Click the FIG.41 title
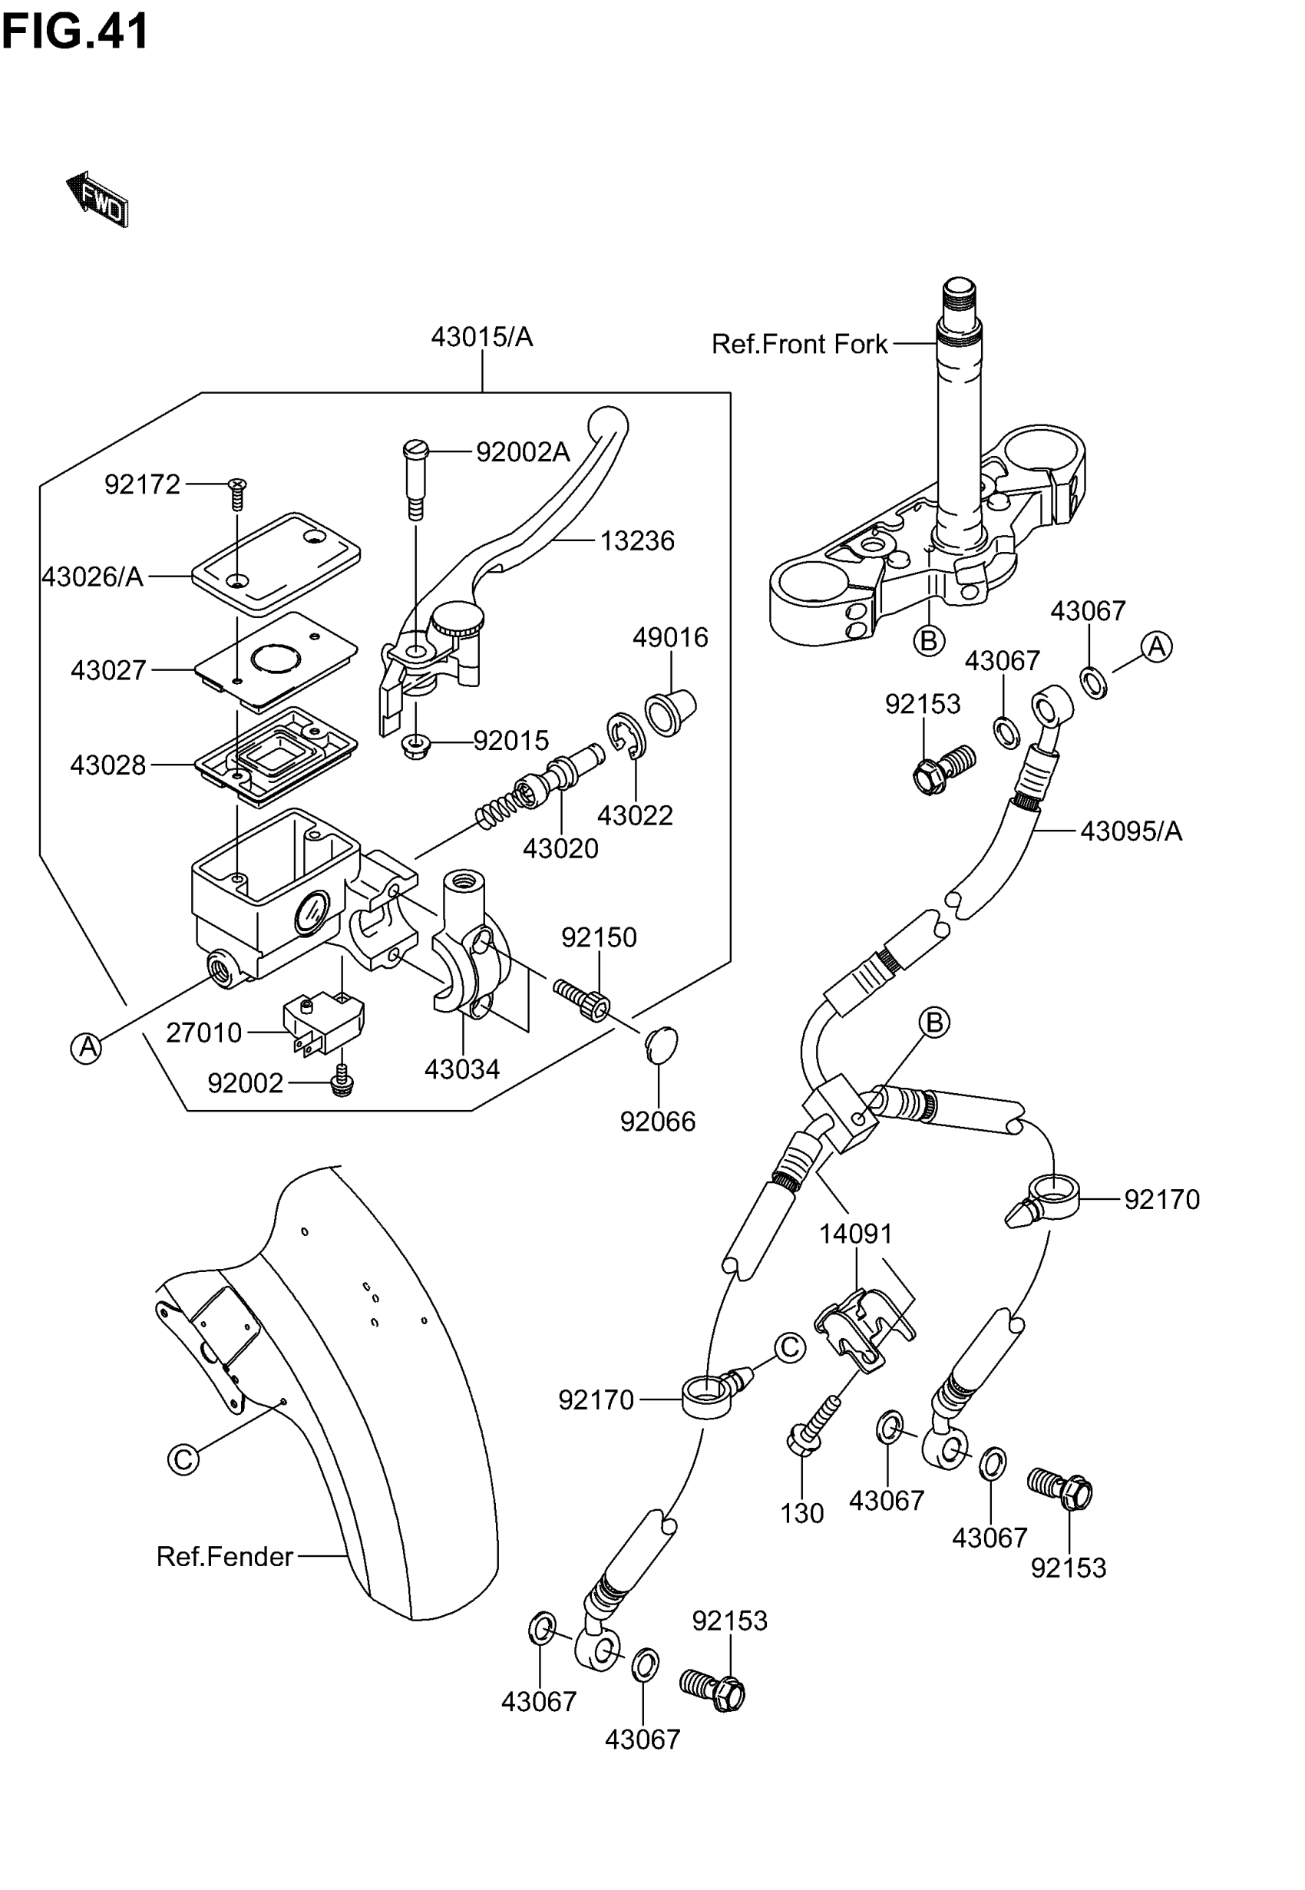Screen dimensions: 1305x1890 (75, 31)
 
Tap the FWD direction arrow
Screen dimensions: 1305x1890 (97, 199)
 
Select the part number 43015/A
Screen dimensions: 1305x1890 (481, 337)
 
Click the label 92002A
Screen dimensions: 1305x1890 (523, 452)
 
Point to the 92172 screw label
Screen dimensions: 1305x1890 (142, 484)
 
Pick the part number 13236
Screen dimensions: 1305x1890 (637, 541)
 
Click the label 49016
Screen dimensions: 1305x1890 (669, 638)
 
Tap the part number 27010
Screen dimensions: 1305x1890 (203, 1033)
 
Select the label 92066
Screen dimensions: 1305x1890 (657, 1122)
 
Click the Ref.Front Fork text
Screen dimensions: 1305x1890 (799, 344)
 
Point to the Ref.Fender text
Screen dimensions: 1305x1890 (224, 1557)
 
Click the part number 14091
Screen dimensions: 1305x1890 (855, 1234)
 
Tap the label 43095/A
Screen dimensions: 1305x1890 (1131, 831)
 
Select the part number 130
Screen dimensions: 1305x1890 (801, 1514)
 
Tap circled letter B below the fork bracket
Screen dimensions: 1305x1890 (928, 640)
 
